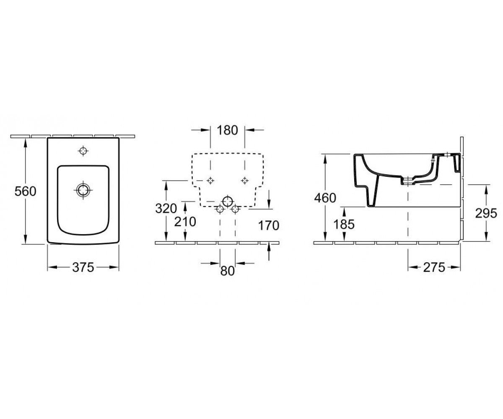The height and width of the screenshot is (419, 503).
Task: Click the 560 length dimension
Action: point(25,191)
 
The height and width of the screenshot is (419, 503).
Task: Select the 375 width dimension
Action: point(83,267)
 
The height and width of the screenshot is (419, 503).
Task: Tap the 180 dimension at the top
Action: point(227,130)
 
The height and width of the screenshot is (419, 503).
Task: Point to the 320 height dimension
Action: point(166,209)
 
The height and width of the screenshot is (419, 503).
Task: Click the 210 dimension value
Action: point(185,222)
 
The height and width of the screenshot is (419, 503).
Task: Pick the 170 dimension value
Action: point(269,226)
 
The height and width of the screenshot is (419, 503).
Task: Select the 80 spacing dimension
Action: point(227,271)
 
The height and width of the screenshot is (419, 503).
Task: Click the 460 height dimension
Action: point(325,198)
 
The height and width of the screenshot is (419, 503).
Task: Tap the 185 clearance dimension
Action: point(344,225)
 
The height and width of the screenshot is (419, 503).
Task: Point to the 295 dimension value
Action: point(486,213)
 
